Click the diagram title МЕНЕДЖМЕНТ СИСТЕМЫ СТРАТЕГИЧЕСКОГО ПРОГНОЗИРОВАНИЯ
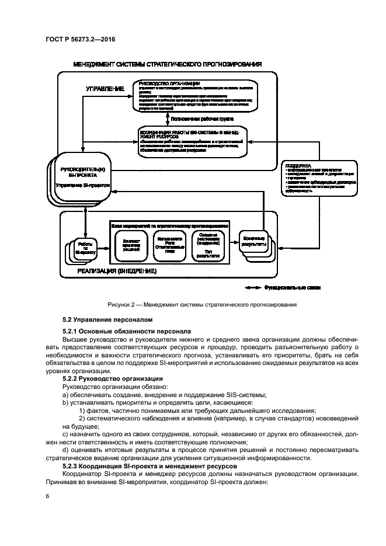(167, 64)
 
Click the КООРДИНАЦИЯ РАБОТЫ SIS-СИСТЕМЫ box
(192, 142)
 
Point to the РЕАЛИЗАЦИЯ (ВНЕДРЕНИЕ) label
(117, 272)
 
